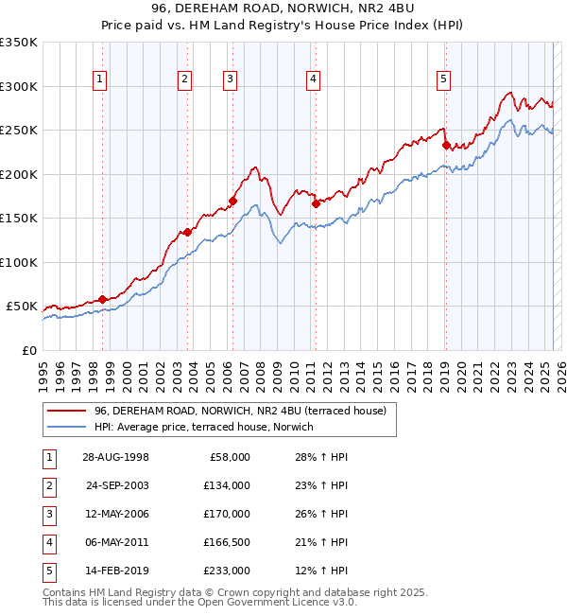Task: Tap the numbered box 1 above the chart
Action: coord(100,80)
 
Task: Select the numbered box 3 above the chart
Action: coord(230,80)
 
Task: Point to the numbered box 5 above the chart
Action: coord(443,80)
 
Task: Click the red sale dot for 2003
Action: coord(188,232)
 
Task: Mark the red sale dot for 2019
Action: coord(446,145)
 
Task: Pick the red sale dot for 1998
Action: coord(103,299)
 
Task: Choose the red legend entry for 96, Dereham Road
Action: coord(240,411)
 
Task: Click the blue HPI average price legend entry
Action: coord(210,427)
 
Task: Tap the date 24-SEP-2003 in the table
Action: coord(117,485)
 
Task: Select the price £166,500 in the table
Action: coord(228,542)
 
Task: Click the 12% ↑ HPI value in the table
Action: coord(321,571)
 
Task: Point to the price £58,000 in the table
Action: coord(230,457)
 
